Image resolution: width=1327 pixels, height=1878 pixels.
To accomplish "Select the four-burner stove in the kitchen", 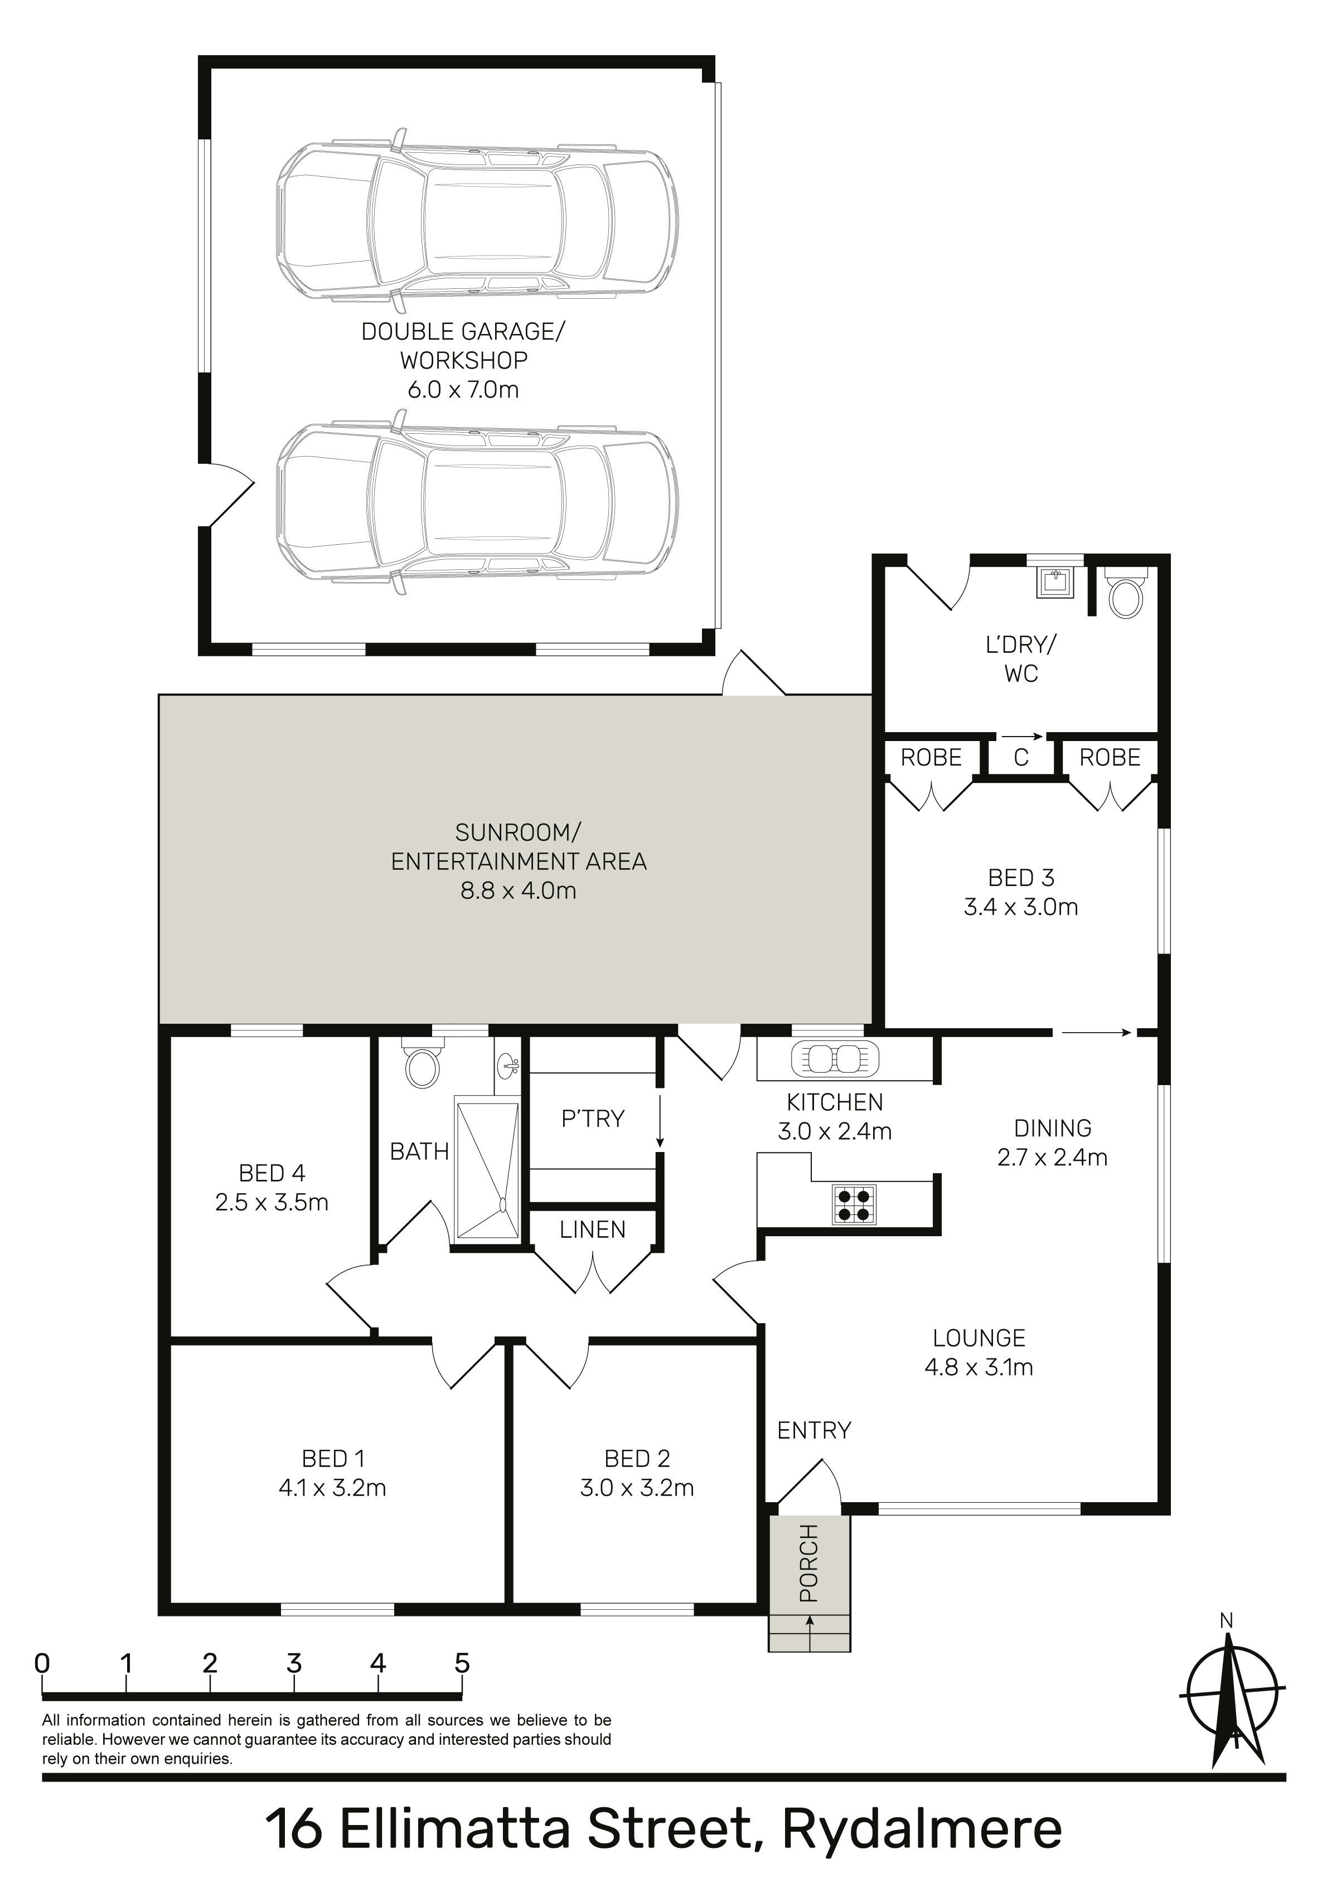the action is click(853, 1204).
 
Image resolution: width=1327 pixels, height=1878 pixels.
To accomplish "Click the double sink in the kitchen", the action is click(835, 1059).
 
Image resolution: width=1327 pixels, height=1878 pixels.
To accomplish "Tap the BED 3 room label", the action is click(1021, 878).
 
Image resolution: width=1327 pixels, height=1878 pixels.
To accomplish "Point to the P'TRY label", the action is click(592, 1118).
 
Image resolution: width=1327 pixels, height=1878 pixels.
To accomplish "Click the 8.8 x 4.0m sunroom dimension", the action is click(519, 890).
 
